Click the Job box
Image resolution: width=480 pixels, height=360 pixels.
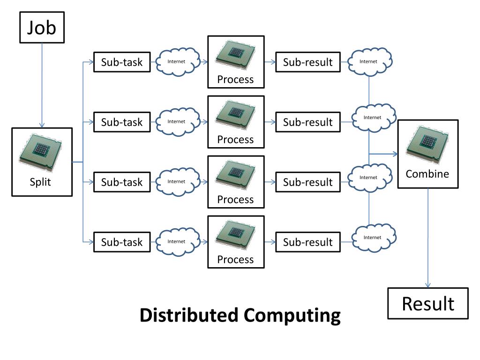click(x=42, y=27)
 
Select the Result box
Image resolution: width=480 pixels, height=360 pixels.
click(x=428, y=303)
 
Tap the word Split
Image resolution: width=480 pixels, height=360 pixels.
click(x=40, y=182)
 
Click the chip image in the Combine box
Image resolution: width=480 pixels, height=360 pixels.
click(x=427, y=144)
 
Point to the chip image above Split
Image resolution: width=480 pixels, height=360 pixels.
click(x=40, y=152)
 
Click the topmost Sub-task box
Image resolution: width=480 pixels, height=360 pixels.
click(x=122, y=62)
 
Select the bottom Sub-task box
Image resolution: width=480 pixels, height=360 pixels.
click(x=122, y=242)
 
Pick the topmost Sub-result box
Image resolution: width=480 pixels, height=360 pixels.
click(x=308, y=62)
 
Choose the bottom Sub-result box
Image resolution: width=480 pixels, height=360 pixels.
click(x=308, y=242)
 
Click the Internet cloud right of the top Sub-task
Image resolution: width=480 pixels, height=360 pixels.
click(x=178, y=61)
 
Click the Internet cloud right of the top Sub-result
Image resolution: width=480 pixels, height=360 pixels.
click(x=370, y=61)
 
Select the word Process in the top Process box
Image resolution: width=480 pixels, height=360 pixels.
click(x=235, y=80)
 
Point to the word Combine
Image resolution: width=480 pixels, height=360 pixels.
click(x=427, y=174)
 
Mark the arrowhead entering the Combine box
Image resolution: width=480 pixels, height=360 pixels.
click(x=396, y=154)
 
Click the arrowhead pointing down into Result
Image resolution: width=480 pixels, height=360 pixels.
click(x=428, y=285)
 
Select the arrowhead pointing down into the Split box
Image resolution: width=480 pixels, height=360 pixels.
click(x=42, y=125)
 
